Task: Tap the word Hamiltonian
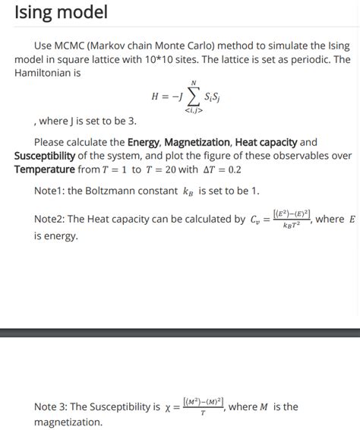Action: tap(46, 73)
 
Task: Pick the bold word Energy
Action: tap(148, 142)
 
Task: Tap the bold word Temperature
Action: tap(45, 169)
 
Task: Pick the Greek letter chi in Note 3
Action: tap(168, 407)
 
